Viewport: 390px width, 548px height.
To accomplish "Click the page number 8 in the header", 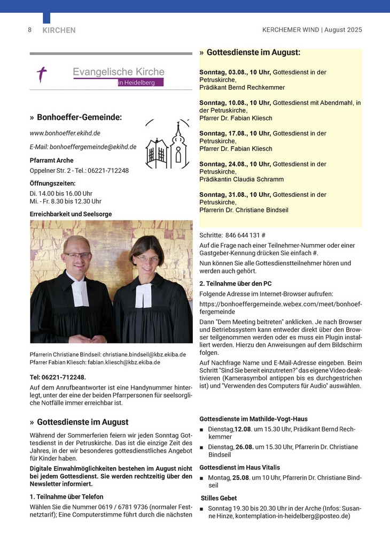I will [30, 30].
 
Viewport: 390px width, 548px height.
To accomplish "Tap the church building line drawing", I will [167, 145].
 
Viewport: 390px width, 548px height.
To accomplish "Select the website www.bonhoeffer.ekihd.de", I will [65, 133].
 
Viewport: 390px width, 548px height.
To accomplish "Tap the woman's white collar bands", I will [143, 295].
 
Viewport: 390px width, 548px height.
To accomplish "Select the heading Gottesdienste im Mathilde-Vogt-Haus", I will [253, 419].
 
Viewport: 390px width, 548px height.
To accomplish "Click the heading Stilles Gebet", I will [219, 498].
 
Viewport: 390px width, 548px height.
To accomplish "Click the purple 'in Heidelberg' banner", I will [140, 82].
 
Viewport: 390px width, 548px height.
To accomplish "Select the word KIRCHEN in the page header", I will [59, 31].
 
